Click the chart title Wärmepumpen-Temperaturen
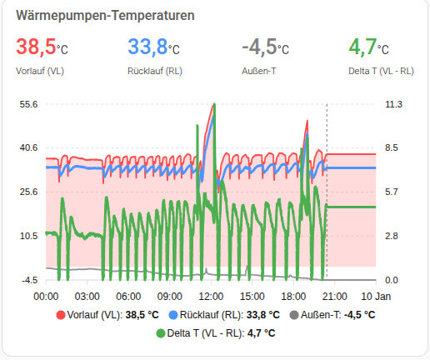tap(106, 15)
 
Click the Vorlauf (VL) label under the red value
tap(40, 71)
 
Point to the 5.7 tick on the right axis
tap(392, 192)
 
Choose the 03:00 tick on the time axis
tap(87, 296)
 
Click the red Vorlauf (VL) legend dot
tap(60, 315)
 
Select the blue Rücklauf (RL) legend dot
tap(173, 315)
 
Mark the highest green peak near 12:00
tap(214, 105)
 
